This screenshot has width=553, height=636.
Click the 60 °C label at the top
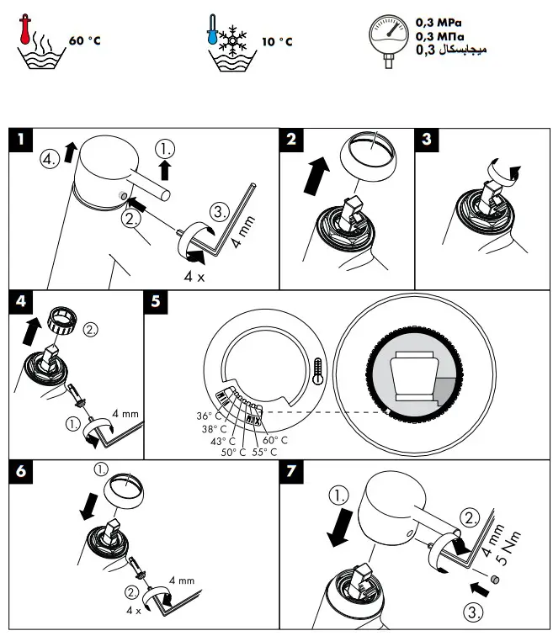click(84, 40)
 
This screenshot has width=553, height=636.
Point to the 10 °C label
click(277, 41)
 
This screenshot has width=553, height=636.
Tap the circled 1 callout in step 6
click(100, 469)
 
